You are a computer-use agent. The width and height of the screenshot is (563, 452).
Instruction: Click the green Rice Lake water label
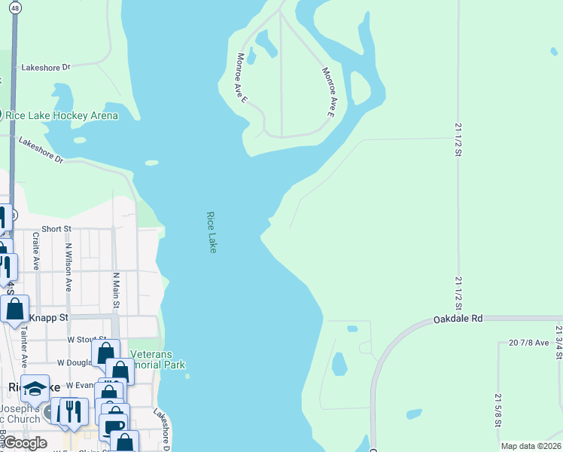[x=212, y=231]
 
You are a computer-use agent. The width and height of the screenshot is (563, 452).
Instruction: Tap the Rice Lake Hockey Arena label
[x=62, y=115]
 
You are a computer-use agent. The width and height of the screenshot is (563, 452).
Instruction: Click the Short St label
[x=56, y=228]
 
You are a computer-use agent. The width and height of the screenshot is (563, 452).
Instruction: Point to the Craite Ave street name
[x=35, y=251]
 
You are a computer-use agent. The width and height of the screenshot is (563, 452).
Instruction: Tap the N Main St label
[x=116, y=290]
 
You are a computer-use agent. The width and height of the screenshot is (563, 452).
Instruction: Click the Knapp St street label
[x=53, y=319]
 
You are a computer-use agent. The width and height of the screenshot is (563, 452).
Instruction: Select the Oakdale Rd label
[x=458, y=319]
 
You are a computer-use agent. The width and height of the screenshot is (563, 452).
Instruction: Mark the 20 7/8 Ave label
[x=529, y=343]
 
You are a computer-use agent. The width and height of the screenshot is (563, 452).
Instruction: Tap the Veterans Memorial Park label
[x=157, y=359]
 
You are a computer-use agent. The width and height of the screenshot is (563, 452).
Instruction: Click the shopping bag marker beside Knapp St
[x=15, y=308]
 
